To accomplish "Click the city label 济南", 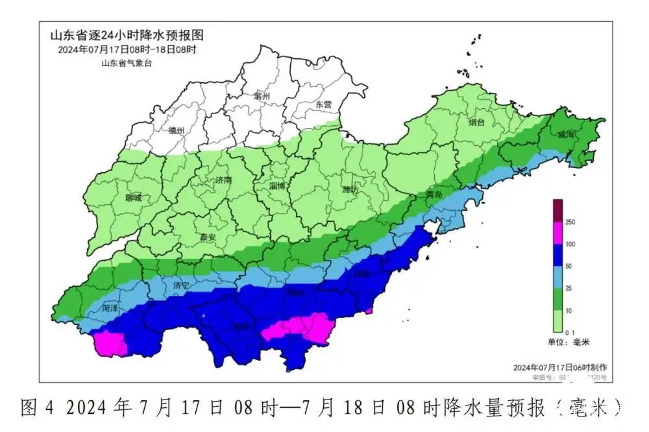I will pyautogui.click(x=223, y=181).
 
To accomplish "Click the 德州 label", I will pyautogui.click(x=176, y=130).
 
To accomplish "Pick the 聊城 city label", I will pyautogui.click(x=134, y=198).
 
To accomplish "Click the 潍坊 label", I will pyautogui.click(x=350, y=189).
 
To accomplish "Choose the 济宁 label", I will pyautogui.click(x=182, y=285).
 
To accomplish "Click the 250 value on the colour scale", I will pyautogui.click(x=571, y=222).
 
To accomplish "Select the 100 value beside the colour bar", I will pyautogui.click(x=571, y=245).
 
